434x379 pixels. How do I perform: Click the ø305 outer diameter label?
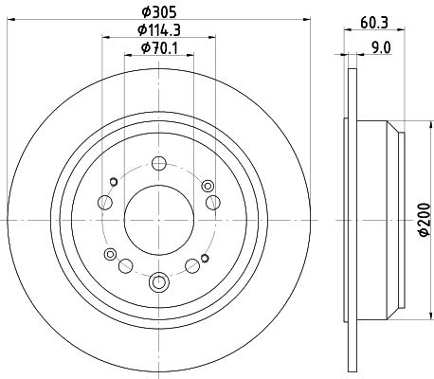coord(157,11)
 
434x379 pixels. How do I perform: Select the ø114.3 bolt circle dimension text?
coord(157,30)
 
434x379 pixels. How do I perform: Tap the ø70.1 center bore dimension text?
coord(157,48)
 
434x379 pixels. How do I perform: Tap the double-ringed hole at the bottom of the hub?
coord(158,280)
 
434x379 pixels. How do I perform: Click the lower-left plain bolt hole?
coord(125,264)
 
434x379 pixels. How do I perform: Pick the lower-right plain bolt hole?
coord(192,264)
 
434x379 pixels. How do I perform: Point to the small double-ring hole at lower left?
coord(111,254)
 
